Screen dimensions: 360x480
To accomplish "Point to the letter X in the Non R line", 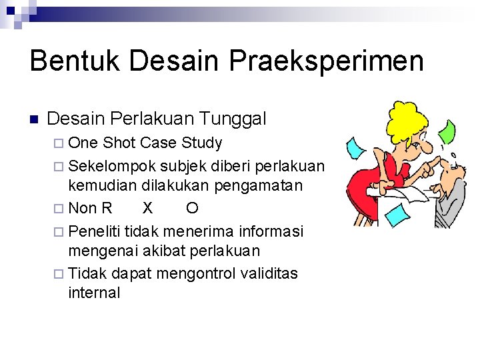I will click(147, 209).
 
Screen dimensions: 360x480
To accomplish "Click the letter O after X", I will click(191, 209).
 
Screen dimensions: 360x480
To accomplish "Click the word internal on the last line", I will click(94, 293).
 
